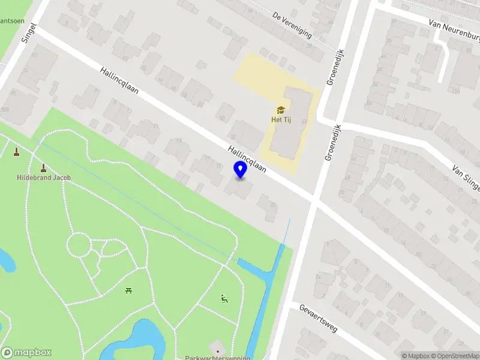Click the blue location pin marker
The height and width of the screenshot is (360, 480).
coord(240,170)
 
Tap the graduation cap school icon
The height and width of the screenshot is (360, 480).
coord(280,110)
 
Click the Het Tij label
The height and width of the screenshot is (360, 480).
coord(280,119)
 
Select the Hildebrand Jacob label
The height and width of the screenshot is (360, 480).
coord(43,178)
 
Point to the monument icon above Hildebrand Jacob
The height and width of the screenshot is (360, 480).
coord(43,168)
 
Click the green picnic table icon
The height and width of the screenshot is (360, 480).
coord(128,292)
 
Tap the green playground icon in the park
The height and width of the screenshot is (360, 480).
coord(224,298)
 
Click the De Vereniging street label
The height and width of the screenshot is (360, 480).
coord(292,25)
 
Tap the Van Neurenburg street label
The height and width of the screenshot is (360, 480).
coord(454,31)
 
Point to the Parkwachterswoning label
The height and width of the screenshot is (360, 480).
coord(217,358)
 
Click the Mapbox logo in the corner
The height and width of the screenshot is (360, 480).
coord(26,353)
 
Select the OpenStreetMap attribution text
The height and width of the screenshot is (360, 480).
coord(457,356)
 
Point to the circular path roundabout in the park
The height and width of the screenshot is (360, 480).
coord(77,245)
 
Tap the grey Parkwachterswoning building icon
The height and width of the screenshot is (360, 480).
coord(217,349)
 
